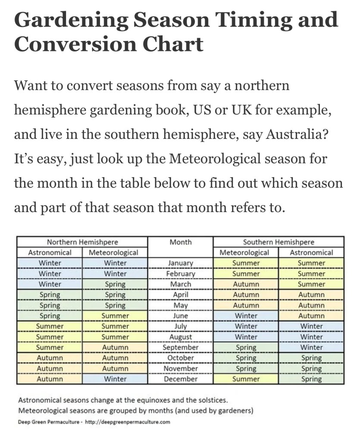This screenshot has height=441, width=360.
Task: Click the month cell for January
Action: point(181,263)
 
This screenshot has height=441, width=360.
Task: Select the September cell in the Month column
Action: point(181,347)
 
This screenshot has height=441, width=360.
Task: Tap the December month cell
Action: point(181,379)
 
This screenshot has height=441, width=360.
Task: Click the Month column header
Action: point(181,242)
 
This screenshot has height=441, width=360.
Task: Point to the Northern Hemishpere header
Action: point(82,242)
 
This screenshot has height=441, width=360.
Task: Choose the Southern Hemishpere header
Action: point(279,242)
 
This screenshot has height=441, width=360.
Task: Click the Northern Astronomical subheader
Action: point(50,253)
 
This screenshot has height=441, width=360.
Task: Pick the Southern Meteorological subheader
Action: point(246,253)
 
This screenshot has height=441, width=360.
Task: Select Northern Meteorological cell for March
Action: point(115,284)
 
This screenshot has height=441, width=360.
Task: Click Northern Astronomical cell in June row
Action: point(50,316)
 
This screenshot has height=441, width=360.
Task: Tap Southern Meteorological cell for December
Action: point(246,379)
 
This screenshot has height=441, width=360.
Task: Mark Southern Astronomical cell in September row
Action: point(311,347)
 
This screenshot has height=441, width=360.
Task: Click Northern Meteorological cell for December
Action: point(115,379)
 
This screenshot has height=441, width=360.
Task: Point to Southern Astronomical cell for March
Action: point(311,284)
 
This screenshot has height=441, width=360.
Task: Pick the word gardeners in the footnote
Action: point(233,411)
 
